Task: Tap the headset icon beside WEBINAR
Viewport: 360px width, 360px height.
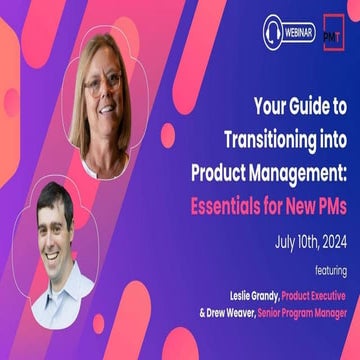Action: (x=272, y=32)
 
